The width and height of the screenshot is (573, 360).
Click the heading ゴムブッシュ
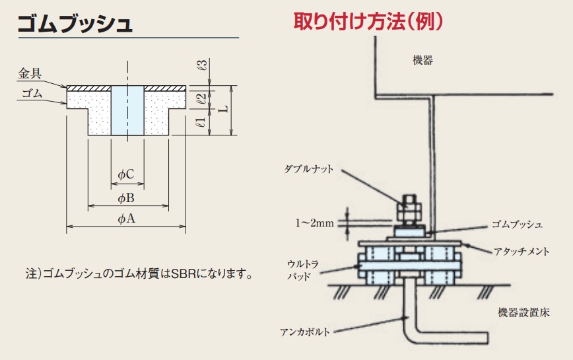74,24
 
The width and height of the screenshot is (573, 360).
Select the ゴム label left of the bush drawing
32,94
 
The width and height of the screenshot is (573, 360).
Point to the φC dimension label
126,174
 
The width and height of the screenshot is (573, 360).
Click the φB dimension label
126,198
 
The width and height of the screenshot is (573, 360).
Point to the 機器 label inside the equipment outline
422,60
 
